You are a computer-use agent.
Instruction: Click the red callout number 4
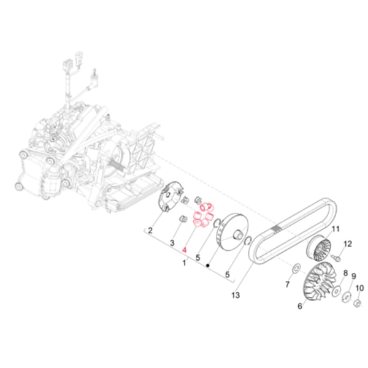coord(184,250)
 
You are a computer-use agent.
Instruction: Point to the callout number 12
coord(348,245)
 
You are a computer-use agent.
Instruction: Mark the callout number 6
coord(301,305)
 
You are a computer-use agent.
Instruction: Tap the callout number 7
coord(287,285)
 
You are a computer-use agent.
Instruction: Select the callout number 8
coord(345,273)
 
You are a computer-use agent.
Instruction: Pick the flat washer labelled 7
coord(296,267)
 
